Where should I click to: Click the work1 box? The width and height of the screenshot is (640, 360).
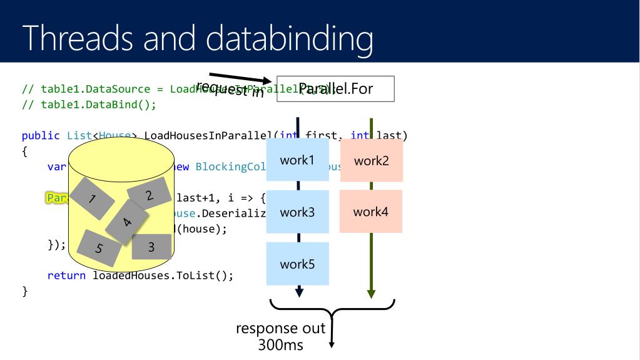click(x=297, y=160)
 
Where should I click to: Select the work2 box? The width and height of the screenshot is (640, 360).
click(x=371, y=160)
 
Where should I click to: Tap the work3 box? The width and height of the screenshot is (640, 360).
click(x=297, y=212)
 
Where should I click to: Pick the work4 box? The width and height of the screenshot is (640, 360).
click(x=371, y=212)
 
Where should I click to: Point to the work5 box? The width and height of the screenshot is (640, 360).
click(x=297, y=264)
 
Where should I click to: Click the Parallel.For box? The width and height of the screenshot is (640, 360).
click(x=335, y=89)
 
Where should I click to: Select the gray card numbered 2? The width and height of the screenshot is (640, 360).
click(x=149, y=194)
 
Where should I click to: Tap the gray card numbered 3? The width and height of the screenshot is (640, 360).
click(x=151, y=247)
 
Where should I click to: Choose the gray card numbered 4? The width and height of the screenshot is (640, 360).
click(x=127, y=222)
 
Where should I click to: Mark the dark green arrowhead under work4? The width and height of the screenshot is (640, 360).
click(x=371, y=292)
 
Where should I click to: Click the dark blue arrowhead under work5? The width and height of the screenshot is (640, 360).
click(x=298, y=292)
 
